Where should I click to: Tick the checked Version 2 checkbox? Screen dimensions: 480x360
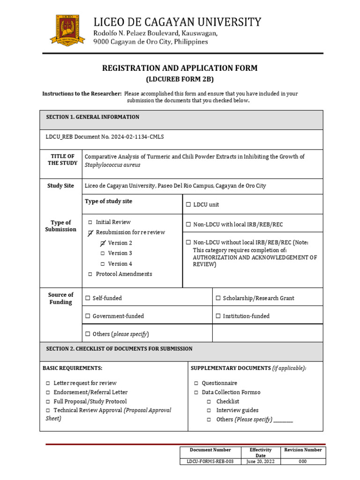(103, 243)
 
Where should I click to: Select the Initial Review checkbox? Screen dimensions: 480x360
(90, 222)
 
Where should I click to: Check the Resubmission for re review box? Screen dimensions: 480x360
(90, 232)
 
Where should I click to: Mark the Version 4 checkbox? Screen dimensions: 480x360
(103, 264)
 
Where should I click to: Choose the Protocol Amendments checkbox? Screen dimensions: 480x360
(90, 274)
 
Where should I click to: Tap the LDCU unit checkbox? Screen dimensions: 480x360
(188, 205)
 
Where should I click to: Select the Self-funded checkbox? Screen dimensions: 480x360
(88, 298)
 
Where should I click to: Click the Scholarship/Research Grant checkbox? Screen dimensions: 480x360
(218, 298)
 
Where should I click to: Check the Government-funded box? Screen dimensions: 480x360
(88, 316)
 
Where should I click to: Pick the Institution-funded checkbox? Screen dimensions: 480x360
(218, 316)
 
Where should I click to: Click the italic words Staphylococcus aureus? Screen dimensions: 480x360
(112, 165)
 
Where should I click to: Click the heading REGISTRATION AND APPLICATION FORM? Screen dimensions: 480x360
(180, 68)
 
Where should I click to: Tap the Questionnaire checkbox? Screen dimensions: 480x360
(196, 383)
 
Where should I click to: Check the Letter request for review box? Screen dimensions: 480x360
(48, 383)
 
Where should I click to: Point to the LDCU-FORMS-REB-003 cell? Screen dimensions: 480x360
(210, 461)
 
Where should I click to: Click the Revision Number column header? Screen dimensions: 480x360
(303, 450)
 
